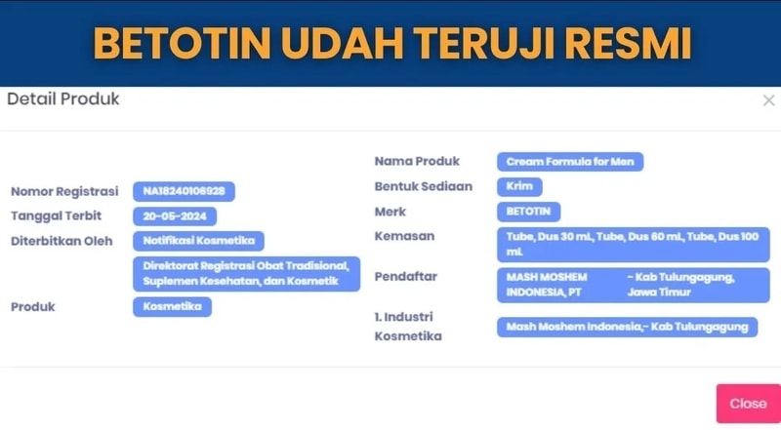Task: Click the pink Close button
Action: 748,403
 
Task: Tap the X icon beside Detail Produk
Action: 768,100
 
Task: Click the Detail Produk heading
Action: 63,99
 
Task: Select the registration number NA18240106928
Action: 184,191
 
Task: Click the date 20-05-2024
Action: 175,216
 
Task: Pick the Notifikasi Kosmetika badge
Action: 198,241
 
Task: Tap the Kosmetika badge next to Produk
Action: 172,306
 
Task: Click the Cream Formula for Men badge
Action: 570,162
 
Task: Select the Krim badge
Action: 519,186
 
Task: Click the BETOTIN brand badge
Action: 528,212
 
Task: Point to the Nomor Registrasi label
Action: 64,192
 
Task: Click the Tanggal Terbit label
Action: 57,216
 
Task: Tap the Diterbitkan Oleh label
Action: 62,241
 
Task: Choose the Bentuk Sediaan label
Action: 424,186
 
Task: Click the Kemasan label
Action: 404,236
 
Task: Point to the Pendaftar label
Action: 406,276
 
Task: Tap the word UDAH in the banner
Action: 343,43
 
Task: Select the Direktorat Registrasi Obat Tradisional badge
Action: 246,274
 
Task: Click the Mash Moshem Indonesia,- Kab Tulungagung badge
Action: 627,327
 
